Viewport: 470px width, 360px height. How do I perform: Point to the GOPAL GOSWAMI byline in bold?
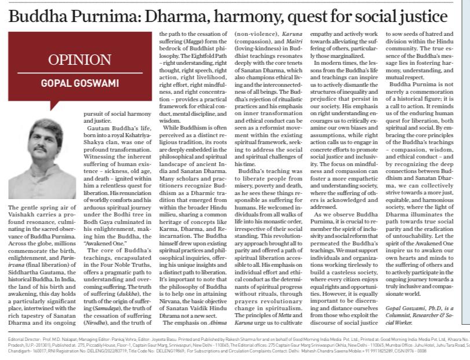tap(76, 83)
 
